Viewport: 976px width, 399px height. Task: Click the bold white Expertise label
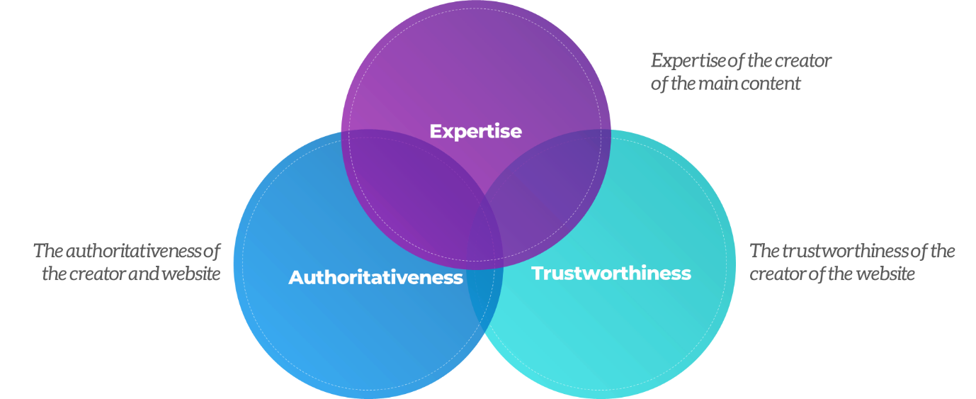point(475,131)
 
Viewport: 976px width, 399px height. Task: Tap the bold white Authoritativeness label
point(375,277)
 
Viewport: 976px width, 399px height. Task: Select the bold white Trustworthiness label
point(611,273)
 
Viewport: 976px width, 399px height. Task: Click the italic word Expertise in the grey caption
point(688,61)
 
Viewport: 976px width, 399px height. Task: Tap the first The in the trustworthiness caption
point(764,251)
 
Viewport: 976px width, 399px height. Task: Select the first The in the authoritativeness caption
point(47,251)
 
